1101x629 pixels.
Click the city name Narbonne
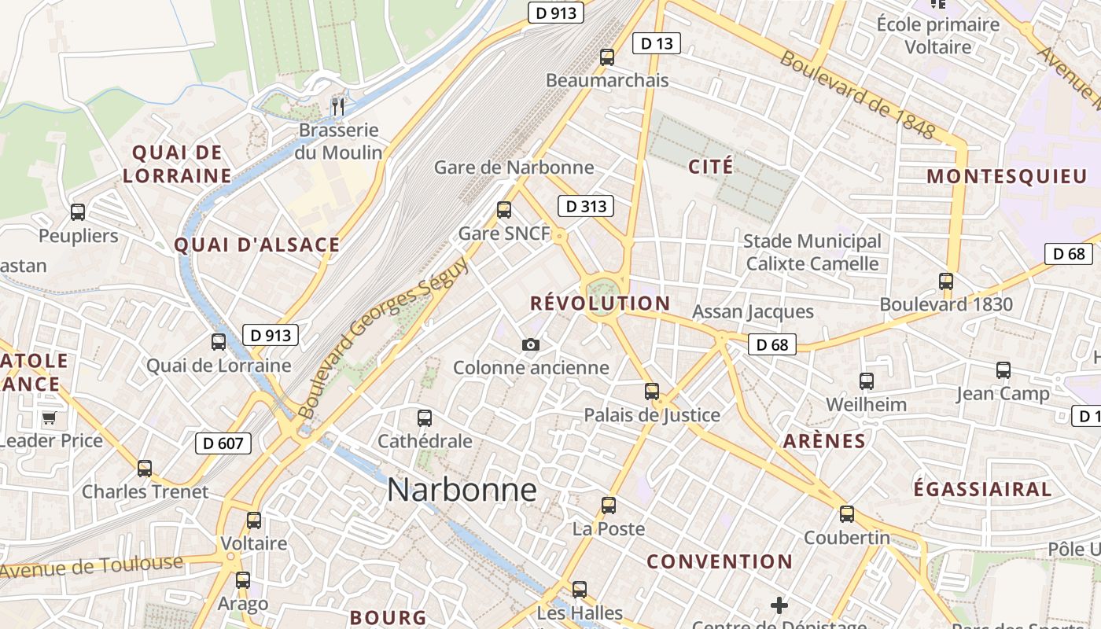point(462,490)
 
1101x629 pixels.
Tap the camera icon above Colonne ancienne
point(531,344)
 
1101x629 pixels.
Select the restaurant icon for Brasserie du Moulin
point(338,106)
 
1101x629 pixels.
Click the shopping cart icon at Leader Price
point(49,417)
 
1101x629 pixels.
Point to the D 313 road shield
point(585,207)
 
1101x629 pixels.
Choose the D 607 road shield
point(223,443)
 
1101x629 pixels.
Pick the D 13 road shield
point(657,43)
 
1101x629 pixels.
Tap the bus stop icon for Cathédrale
point(425,418)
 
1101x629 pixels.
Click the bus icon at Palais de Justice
point(652,392)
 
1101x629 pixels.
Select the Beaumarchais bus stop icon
point(606,57)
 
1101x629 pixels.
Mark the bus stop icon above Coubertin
point(846,514)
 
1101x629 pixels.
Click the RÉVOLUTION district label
point(600,303)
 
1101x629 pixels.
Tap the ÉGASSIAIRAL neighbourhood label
point(981,489)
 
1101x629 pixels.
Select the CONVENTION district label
point(719,561)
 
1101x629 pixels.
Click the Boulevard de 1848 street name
point(857,95)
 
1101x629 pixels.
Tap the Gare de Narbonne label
point(514,167)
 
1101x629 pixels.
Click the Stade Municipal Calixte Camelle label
point(812,252)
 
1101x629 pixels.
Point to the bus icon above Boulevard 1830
point(945,281)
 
